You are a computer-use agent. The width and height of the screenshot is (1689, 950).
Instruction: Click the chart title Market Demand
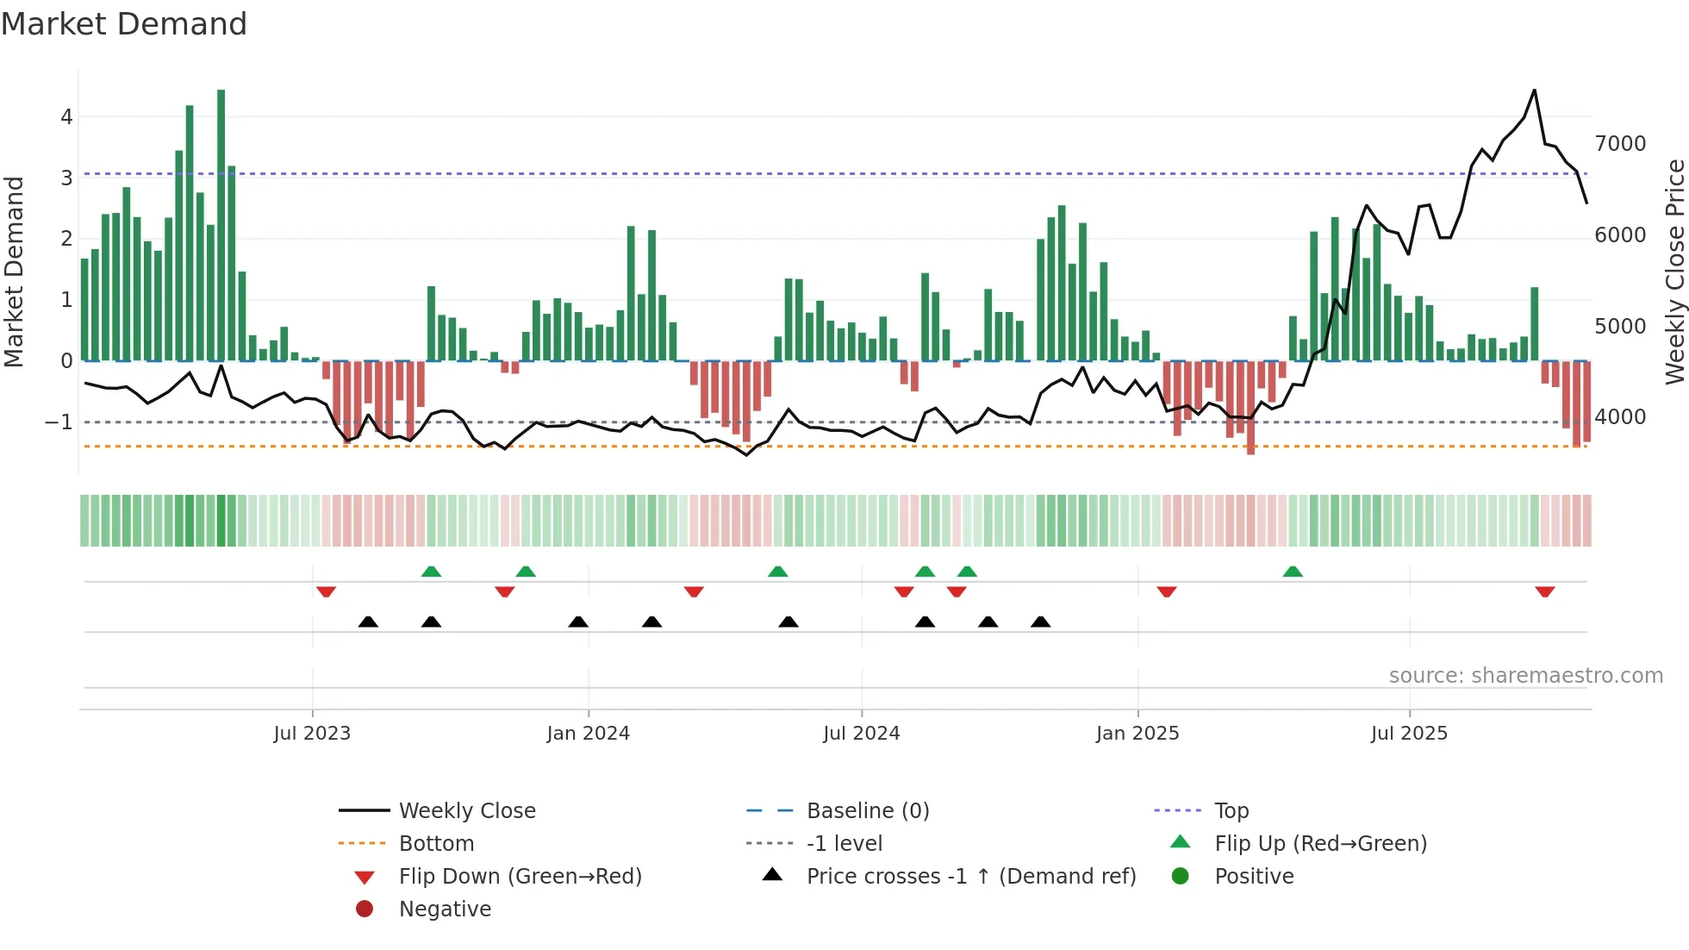click(x=124, y=24)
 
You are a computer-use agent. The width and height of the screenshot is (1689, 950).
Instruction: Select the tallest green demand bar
click(x=221, y=224)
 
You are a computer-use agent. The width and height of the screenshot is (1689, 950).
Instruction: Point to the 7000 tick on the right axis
click(x=1619, y=144)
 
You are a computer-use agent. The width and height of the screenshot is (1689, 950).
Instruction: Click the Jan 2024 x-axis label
click(x=588, y=734)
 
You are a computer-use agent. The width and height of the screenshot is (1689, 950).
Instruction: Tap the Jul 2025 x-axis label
click(x=1409, y=734)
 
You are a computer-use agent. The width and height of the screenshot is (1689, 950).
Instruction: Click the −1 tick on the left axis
click(x=59, y=422)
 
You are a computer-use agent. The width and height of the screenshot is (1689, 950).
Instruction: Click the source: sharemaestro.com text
click(x=1525, y=676)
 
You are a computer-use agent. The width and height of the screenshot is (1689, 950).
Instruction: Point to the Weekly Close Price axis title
click(x=1674, y=272)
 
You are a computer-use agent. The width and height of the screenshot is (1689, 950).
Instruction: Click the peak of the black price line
click(x=1534, y=91)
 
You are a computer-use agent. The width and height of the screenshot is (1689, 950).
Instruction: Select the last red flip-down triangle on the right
click(x=1544, y=591)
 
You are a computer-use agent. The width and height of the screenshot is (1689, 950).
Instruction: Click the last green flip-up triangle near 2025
click(x=1293, y=572)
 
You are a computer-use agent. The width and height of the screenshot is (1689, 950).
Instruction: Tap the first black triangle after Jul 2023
click(x=368, y=622)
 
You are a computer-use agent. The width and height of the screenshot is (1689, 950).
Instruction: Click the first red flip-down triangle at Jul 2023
click(x=326, y=591)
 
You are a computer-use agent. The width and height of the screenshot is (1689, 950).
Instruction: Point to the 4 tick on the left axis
click(x=66, y=117)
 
